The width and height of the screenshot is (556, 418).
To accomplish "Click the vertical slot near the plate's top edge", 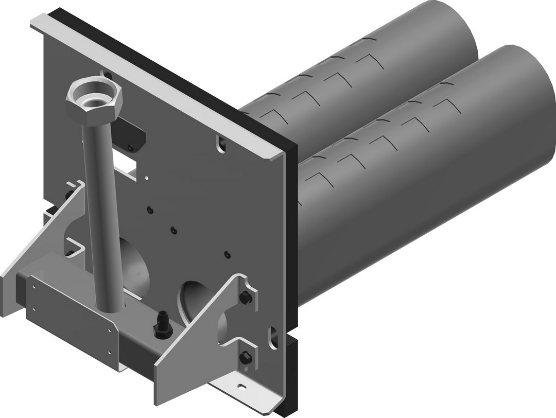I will pyautogui.click(x=221, y=144).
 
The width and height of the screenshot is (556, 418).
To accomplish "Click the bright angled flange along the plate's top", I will pyautogui.click(x=154, y=82).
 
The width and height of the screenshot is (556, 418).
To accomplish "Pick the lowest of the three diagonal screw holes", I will pyautogui.click(x=227, y=253).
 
